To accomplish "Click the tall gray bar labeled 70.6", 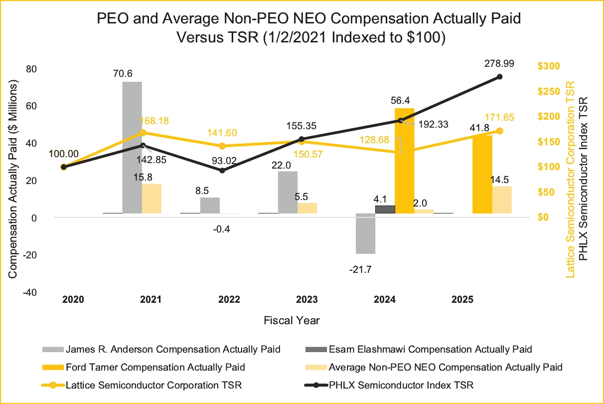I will (x=132, y=147).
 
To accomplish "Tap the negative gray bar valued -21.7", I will (x=365, y=233).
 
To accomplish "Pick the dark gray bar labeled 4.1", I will (x=385, y=209).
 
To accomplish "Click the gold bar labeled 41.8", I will (x=482, y=175).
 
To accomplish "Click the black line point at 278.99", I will (x=499, y=76).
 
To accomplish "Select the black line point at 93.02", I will (x=222, y=171).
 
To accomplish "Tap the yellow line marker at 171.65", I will (x=499, y=131).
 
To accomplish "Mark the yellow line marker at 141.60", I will (x=222, y=146).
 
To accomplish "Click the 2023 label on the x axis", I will (x=307, y=300).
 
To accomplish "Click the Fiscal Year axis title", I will (x=292, y=320).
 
